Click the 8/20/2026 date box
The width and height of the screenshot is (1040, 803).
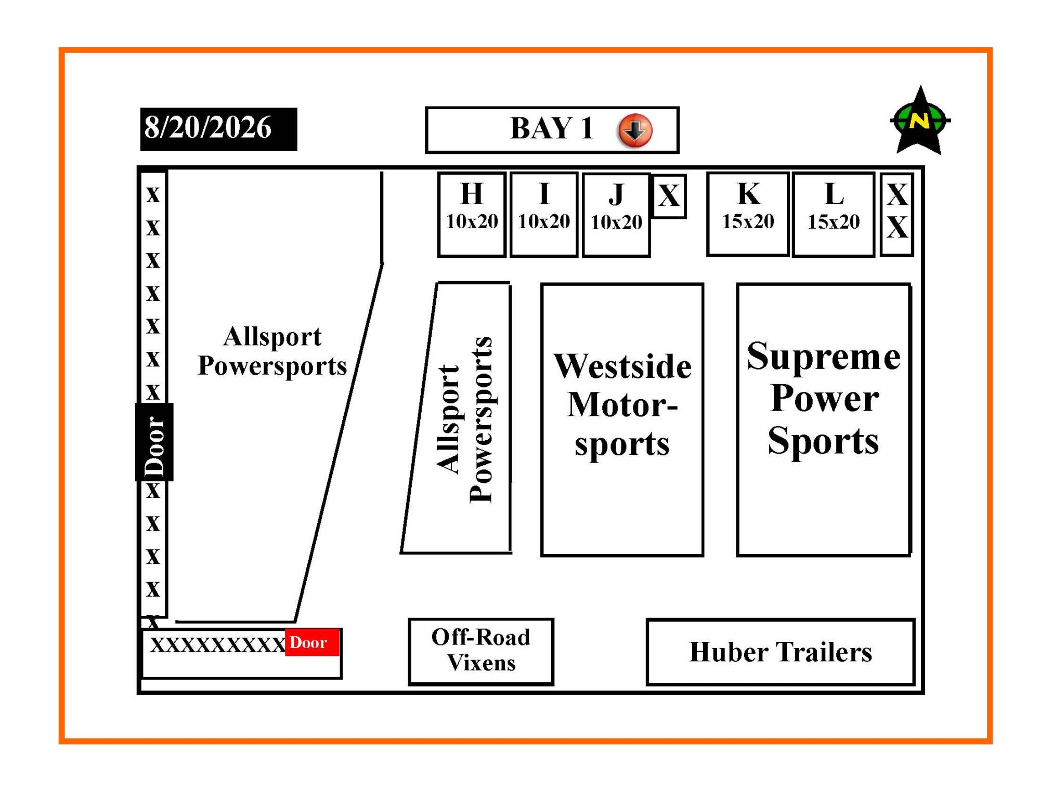click(x=218, y=129)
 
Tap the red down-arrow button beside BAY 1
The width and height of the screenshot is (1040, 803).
click(x=635, y=130)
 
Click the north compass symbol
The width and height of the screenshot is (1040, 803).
click(x=920, y=121)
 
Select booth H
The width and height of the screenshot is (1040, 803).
click(x=472, y=215)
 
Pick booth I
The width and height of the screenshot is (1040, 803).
click(x=544, y=215)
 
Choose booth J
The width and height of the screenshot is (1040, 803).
click(x=616, y=215)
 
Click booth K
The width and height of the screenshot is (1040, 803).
click(x=748, y=214)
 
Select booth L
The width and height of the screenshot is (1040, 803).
click(x=834, y=215)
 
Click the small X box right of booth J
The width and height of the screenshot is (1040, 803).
click(x=669, y=196)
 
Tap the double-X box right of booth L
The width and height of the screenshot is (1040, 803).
click(x=897, y=215)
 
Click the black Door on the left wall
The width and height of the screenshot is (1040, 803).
click(x=154, y=442)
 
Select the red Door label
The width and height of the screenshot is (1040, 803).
click(x=312, y=642)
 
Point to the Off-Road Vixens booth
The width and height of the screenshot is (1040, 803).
click(x=481, y=652)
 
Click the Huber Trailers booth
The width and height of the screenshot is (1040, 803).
click(x=781, y=652)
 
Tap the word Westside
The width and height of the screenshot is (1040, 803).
click(x=622, y=366)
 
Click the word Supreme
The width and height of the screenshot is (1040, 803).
click(x=824, y=357)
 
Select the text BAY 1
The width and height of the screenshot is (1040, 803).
click(x=552, y=128)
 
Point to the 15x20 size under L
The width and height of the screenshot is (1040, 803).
click(x=834, y=222)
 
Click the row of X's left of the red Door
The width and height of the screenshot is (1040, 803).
click(x=218, y=645)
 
